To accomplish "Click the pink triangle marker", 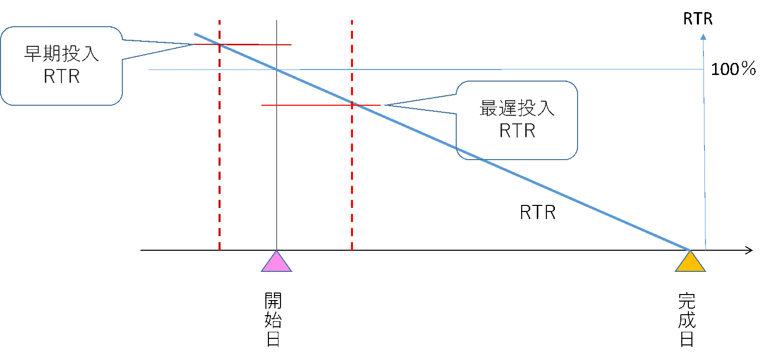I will [276, 263].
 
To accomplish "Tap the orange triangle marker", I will [690, 263].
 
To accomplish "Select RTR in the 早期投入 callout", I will [61, 77].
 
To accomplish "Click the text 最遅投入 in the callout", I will [517, 109].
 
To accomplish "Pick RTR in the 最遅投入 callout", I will [517, 131].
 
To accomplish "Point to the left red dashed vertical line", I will [220, 151].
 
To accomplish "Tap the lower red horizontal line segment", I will [302, 105].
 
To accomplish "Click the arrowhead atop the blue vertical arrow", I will [703, 37].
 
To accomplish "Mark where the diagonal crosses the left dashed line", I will [220, 45].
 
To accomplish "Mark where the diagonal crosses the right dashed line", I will [352, 104].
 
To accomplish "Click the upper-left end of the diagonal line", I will [195, 34].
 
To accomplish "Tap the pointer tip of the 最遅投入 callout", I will [384, 105].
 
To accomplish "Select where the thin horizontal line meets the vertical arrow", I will [703, 69].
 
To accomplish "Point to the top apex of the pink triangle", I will [276, 251].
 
